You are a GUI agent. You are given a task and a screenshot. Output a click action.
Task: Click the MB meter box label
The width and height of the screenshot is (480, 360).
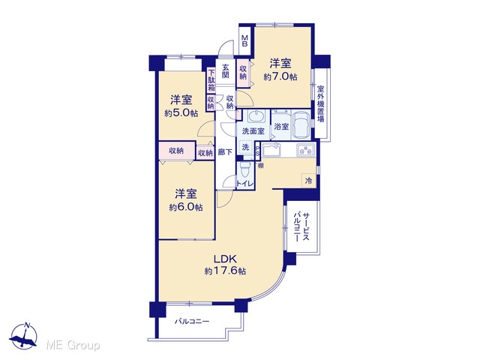click(244, 40)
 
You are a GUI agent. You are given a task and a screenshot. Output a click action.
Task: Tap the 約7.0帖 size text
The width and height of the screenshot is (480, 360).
click(280, 76)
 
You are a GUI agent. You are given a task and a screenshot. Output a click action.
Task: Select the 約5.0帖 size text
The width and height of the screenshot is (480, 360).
click(181, 113)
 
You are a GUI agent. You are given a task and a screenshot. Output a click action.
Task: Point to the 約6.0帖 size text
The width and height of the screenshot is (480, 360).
click(186, 207)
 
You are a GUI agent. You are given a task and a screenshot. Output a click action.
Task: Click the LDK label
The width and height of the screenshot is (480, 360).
click(225, 259)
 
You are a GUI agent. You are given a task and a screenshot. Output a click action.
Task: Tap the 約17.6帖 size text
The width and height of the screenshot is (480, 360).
click(225, 271)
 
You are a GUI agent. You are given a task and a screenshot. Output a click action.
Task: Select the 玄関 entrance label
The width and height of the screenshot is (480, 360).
click(226, 70)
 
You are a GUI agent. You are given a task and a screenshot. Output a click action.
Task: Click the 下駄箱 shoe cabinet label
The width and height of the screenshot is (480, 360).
click(211, 80)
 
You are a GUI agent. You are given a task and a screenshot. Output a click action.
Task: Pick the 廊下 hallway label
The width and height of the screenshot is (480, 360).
click(225, 151)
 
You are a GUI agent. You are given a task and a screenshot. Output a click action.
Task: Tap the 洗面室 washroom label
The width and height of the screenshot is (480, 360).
click(253, 131)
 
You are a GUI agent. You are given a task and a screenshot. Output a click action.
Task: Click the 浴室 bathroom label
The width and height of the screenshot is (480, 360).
click(281, 127)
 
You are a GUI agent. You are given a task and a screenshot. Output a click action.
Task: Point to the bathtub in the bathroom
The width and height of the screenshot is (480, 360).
click(301, 125)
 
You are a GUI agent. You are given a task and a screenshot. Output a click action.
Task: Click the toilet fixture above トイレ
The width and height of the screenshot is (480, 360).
click(244, 170)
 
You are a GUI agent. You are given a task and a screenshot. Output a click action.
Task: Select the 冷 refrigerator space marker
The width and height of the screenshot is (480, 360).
click(309, 181)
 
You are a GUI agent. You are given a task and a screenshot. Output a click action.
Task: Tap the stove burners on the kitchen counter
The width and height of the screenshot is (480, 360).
click(305, 150)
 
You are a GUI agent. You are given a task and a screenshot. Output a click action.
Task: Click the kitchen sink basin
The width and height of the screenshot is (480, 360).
click(271, 151)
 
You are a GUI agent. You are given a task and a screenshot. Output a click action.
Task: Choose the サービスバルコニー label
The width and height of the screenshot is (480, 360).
click(301, 227)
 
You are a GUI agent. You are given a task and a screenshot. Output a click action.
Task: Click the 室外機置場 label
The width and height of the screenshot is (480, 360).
click(320, 103)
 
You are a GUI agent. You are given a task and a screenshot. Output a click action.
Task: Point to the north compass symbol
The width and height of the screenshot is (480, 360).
click(23, 336)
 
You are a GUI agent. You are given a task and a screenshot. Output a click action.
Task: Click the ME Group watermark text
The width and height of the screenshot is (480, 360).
click(73, 346)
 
